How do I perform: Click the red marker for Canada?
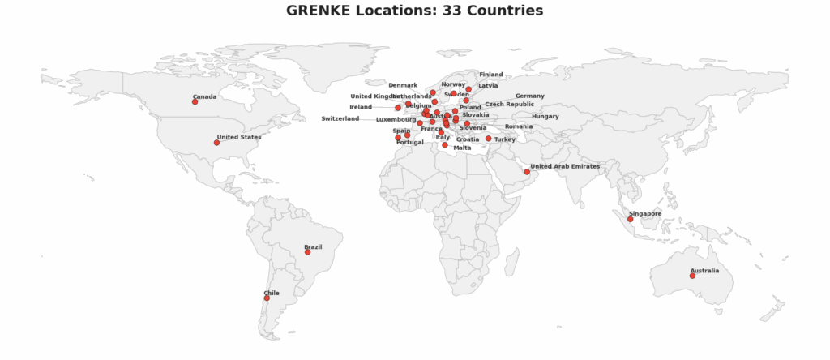click(x=195, y=102)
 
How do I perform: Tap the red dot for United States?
click(x=216, y=143)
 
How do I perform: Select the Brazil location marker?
click(x=307, y=252)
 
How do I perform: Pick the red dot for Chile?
click(x=267, y=298)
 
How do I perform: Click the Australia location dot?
click(x=692, y=276)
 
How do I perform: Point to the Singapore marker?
click(x=630, y=219)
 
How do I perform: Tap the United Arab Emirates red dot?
click(x=527, y=172)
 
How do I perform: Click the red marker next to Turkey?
click(x=488, y=139)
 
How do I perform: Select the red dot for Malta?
click(x=445, y=145)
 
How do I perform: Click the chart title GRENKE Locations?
click(x=414, y=11)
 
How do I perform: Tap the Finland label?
click(x=490, y=75)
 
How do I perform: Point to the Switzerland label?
click(x=340, y=118)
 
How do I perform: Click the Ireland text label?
click(x=361, y=107)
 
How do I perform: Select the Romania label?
click(x=519, y=126)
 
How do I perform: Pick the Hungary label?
click(x=545, y=116)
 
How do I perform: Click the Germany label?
click(x=529, y=96)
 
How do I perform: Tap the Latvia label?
click(x=488, y=85)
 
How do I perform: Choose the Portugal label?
click(x=410, y=142)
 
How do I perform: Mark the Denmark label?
click(x=403, y=85)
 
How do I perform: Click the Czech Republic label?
click(x=509, y=104)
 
